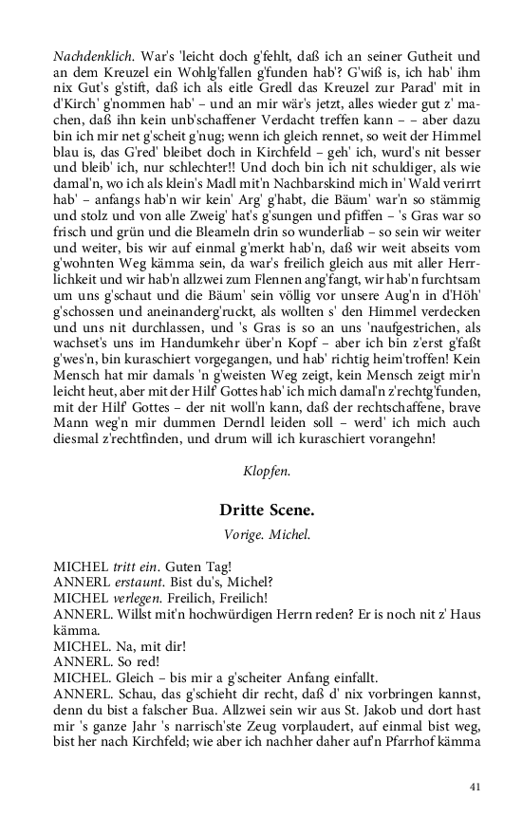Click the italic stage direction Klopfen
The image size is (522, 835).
pos(267,469)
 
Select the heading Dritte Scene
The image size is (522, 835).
pos(267,510)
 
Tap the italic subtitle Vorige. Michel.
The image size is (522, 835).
pos(267,533)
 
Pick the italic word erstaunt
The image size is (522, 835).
pos(140,582)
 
